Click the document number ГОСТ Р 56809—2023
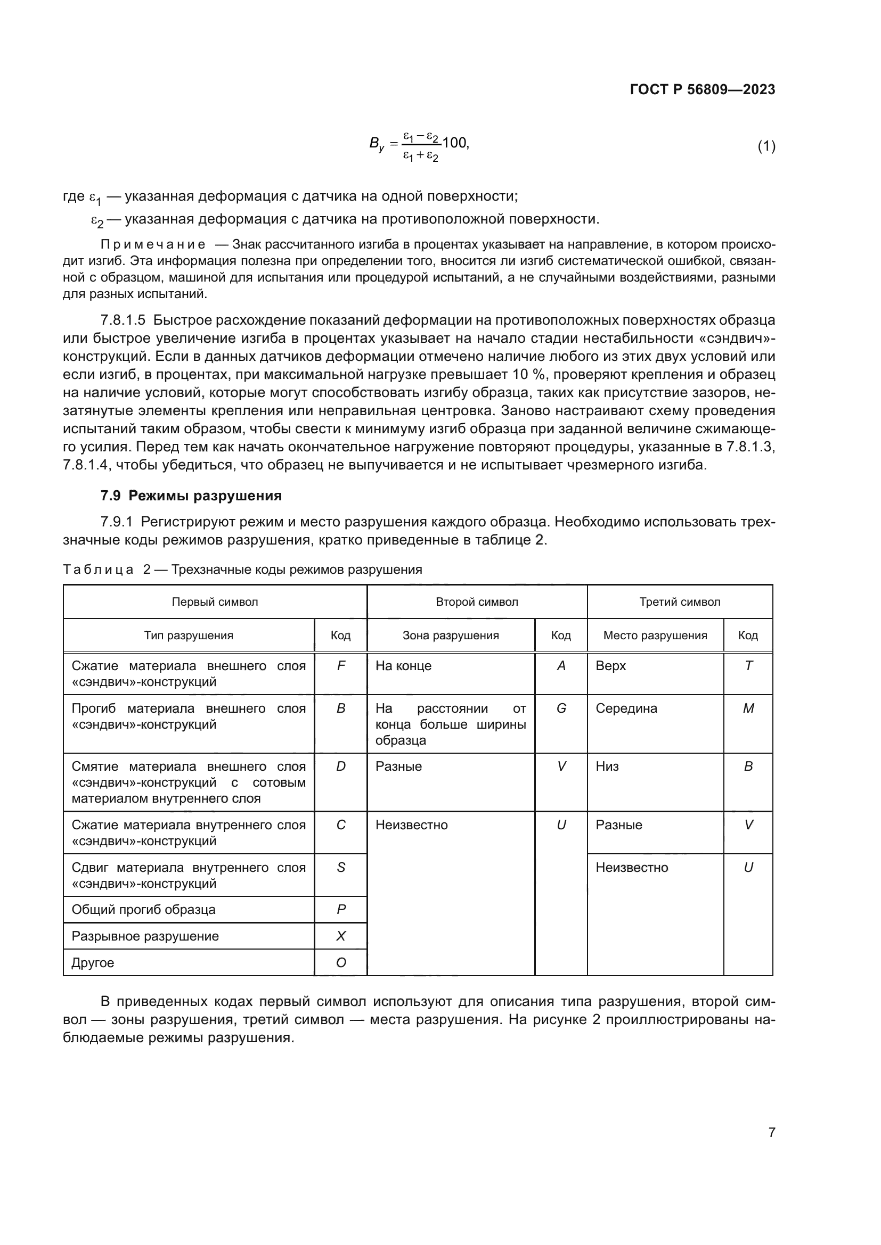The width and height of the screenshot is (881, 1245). [x=703, y=89]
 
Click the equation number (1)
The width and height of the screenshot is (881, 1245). [x=766, y=146]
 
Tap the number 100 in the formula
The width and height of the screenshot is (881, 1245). [x=454, y=143]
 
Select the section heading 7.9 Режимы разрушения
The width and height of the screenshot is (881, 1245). [x=191, y=496]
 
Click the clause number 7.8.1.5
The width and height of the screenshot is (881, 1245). [x=123, y=320]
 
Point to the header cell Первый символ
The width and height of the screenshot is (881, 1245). [x=215, y=602]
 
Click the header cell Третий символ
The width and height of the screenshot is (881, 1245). [x=679, y=602]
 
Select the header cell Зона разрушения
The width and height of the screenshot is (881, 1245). [x=450, y=636]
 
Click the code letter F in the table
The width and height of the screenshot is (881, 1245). [x=341, y=666]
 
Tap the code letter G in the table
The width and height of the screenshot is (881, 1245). [x=561, y=708]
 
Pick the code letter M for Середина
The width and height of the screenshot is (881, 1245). [x=748, y=708]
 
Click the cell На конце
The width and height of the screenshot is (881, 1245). [x=404, y=666]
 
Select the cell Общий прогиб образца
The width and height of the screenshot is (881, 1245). [x=144, y=910]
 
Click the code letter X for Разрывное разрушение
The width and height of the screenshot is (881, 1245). [x=341, y=936]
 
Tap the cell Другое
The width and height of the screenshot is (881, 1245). [x=93, y=963]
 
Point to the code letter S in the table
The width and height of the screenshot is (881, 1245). [x=341, y=868]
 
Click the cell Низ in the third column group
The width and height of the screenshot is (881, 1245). [x=607, y=766]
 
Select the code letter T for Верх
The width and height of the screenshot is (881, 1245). [x=748, y=666]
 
